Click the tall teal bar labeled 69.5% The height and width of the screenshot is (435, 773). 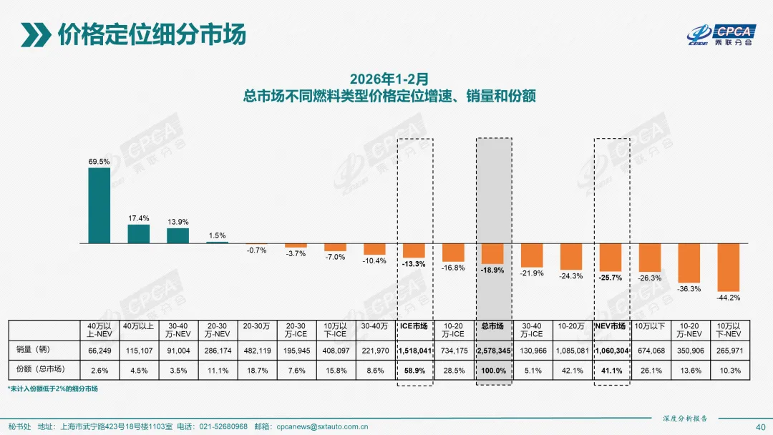click(99, 205)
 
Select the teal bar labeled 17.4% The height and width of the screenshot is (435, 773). click(138, 234)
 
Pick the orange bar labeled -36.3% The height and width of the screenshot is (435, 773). click(689, 263)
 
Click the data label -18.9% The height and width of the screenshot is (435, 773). click(493, 271)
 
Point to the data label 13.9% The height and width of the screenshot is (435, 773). click(178, 222)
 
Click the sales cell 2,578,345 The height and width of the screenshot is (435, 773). click(493, 350)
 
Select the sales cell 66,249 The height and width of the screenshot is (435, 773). click(99, 350)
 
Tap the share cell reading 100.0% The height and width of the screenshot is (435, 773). click(493, 370)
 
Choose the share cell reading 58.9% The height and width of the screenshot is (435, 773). click(414, 370)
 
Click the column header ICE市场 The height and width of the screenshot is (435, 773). click(414, 326)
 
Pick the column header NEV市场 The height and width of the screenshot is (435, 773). click(611, 326)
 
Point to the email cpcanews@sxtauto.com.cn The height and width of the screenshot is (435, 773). click(322, 426)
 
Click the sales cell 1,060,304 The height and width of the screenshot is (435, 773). click(611, 350)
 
